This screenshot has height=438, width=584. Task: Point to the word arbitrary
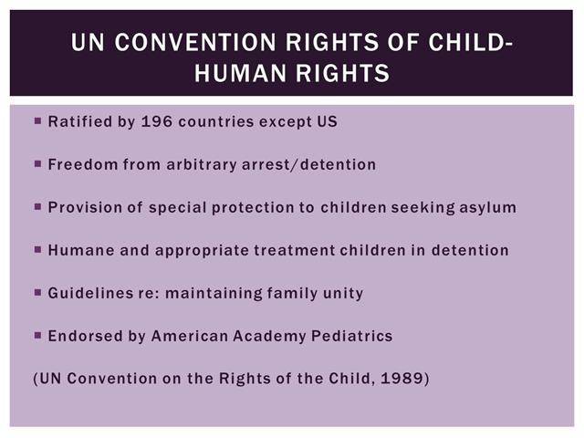[202, 165]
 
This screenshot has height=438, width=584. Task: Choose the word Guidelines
[90, 293]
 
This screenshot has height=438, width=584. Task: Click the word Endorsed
[86, 336]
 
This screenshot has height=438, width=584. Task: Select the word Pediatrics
[352, 336]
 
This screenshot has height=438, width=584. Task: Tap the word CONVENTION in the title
[195, 42]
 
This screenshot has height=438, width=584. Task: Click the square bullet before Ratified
[37, 120]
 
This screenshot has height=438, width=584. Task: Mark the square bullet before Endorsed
[37, 335]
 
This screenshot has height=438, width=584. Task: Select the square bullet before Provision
[37, 206]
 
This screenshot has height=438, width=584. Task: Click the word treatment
[295, 250]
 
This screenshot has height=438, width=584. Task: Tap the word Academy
[270, 337]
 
